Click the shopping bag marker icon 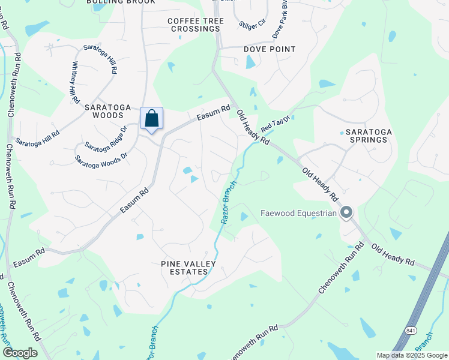coord(152,118)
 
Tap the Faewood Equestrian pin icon coord(346,212)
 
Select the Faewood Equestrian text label coord(299,213)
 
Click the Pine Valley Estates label coord(184,268)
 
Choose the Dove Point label coord(270,49)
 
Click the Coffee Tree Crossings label coord(196,25)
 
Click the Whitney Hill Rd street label coord(75,82)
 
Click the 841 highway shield coord(411,330)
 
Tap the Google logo coord(20,353)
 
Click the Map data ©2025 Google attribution coord(412,355)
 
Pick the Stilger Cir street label coord(252,24)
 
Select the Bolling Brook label coord(121,2)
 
